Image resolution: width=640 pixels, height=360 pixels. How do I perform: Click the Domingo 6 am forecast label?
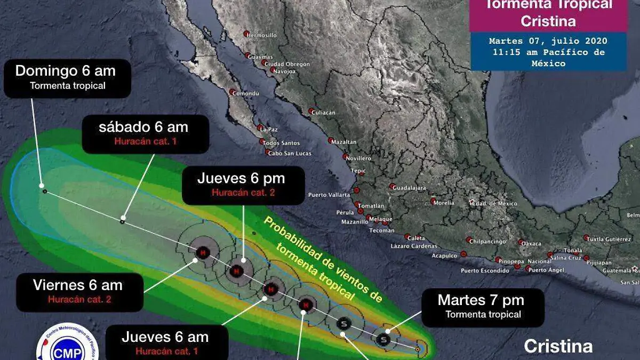(x=67, y=78)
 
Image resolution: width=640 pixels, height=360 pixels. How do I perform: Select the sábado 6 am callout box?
(x=145, y=133)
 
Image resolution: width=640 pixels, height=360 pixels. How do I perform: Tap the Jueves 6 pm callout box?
(x=243, y=185)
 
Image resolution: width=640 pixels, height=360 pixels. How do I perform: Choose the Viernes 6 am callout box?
(x=79, y=292)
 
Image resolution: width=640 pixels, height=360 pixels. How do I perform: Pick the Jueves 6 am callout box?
(x=167, y=343)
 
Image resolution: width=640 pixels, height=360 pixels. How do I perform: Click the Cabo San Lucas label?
(x=289, y=154)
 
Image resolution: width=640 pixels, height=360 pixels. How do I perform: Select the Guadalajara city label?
(x=410, y=188)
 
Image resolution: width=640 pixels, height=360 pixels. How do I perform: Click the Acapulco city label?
(x=444, y=255)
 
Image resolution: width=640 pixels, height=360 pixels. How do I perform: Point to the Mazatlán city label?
(x=344, y=142)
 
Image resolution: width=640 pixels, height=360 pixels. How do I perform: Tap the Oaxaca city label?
(x=531, y=243)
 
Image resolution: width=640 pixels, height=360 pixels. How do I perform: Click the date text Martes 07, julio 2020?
(x=548, y=41)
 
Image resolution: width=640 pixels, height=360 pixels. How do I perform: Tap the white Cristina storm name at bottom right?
(x=558, y=346)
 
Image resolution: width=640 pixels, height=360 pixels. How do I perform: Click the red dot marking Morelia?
(x=434, y=201)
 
